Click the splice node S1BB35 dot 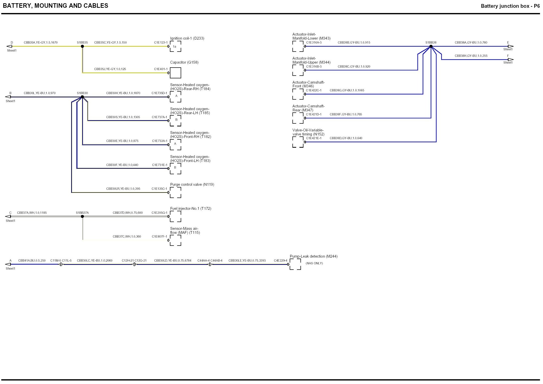pos(82,46)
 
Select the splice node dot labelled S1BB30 pos(82,97)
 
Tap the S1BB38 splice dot pos(431,46)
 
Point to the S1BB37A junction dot pos(82,217)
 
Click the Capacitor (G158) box pos(175,73)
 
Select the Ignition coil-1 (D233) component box pos(175,47)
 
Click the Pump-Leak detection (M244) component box pos(295,264)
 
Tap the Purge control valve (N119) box pos(175,193)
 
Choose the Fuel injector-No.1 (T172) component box pos(175,217)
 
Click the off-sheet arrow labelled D pos(9,46)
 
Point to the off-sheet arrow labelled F pos(510,60)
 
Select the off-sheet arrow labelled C pos(8,217)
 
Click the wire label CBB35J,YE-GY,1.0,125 pos(110,69)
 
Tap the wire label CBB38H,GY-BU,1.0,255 pos(471,56)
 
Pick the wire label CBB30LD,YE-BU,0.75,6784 pos(173,261)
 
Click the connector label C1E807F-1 pos(159,237)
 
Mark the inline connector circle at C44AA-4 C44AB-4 pos(210,264)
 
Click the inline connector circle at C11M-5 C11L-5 pos(61,264)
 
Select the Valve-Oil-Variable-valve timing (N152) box pos(298,142)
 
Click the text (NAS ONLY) pos(314,263)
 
